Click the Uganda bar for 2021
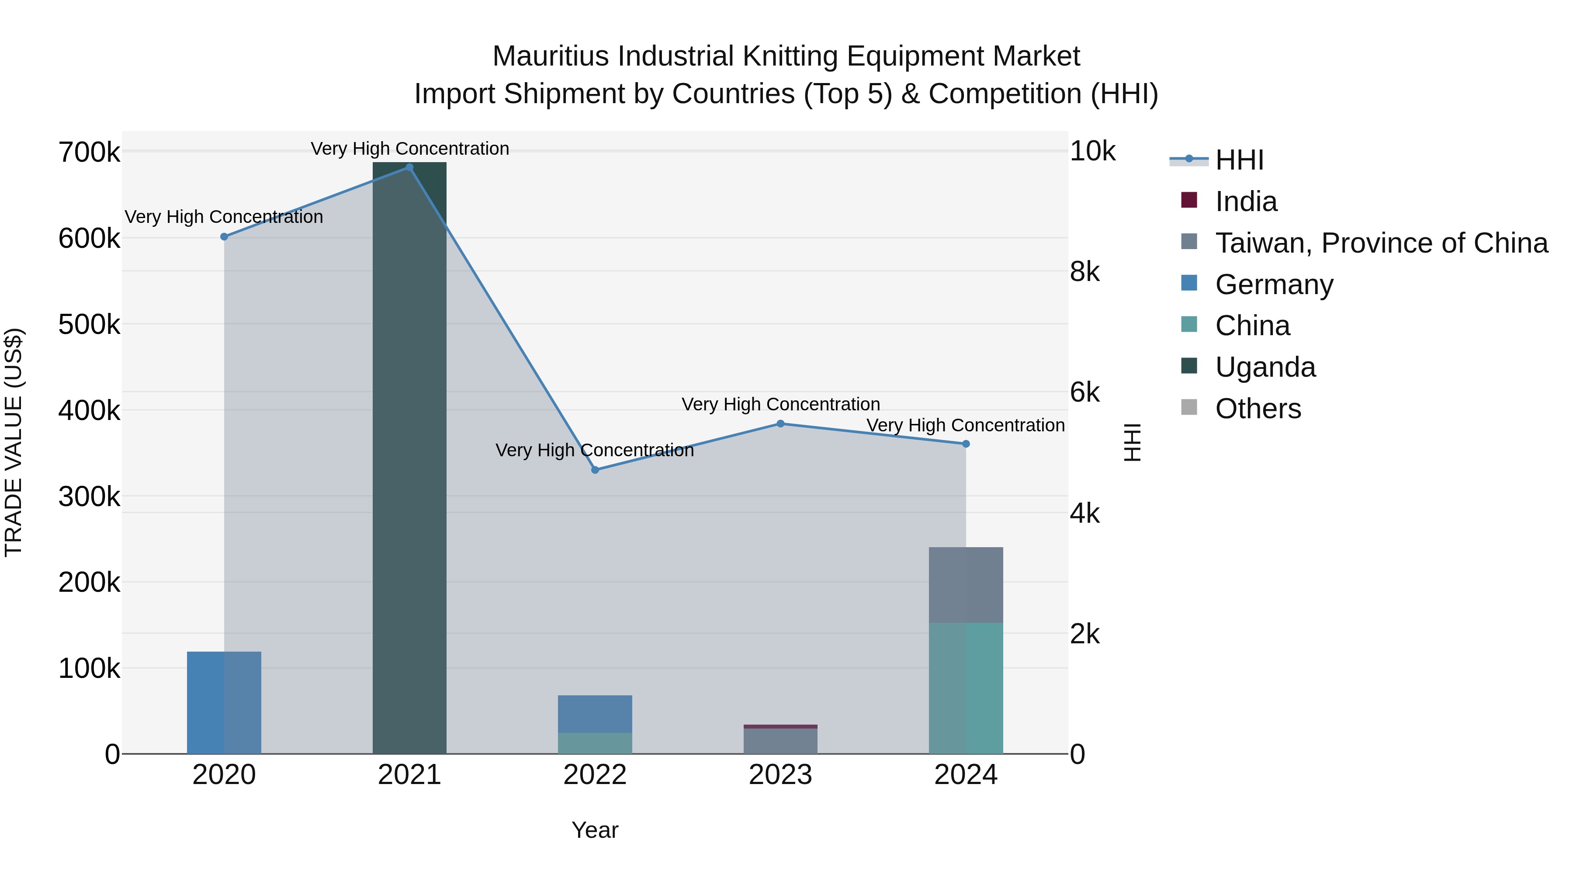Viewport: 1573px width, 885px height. coord(409,458)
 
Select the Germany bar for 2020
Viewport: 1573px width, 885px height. coord(224,702)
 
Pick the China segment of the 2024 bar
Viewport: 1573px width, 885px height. coord(965,688)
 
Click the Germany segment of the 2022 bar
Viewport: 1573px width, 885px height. coord(595,713)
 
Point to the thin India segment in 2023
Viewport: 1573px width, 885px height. coord(780,726)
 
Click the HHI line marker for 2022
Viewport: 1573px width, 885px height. coord(595,470)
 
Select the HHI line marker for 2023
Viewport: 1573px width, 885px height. coord(780,423)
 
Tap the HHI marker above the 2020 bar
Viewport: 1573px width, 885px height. coord(224,236)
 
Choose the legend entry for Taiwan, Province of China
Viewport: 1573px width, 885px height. coord(1381,243)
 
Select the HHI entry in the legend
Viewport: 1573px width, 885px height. coord(1239,160)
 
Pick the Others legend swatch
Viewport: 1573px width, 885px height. coord(1189,407)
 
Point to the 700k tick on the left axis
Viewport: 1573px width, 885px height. coord(89,152)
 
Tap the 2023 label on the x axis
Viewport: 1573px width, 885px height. coord(780,775)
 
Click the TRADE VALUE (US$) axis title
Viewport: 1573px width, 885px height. coord(14,442)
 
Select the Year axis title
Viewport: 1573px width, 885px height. coord(595,830)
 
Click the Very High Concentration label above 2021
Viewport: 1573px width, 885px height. coord(410,149)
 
